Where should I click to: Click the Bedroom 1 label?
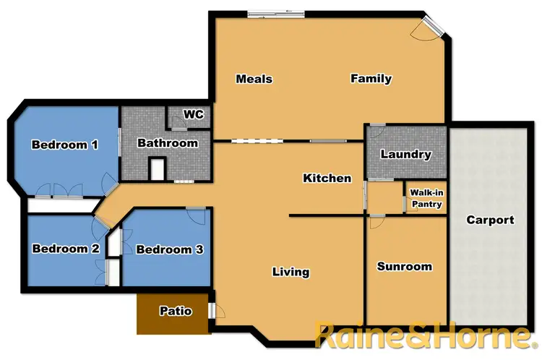click(x=65, y=145)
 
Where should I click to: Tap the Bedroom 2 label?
click(x=65, y=249)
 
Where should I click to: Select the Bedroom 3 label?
click(x=169, y=250)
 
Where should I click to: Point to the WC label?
click(x=194, y=114)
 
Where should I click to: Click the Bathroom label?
click(x=168, y=143)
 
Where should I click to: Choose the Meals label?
click(x=254, y=78)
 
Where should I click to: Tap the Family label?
click(x=371, y=78)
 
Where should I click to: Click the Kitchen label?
click(x=327, y=178)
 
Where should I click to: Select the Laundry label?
click(x=405, y=154)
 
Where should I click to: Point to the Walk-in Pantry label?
click(x=426, y=199)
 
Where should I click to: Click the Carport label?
click(x=490, y=220)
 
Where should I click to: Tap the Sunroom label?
click(x=405, y=267)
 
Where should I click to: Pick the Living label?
click(x=291, y=272)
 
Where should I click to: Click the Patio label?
click(x=176, y=312)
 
